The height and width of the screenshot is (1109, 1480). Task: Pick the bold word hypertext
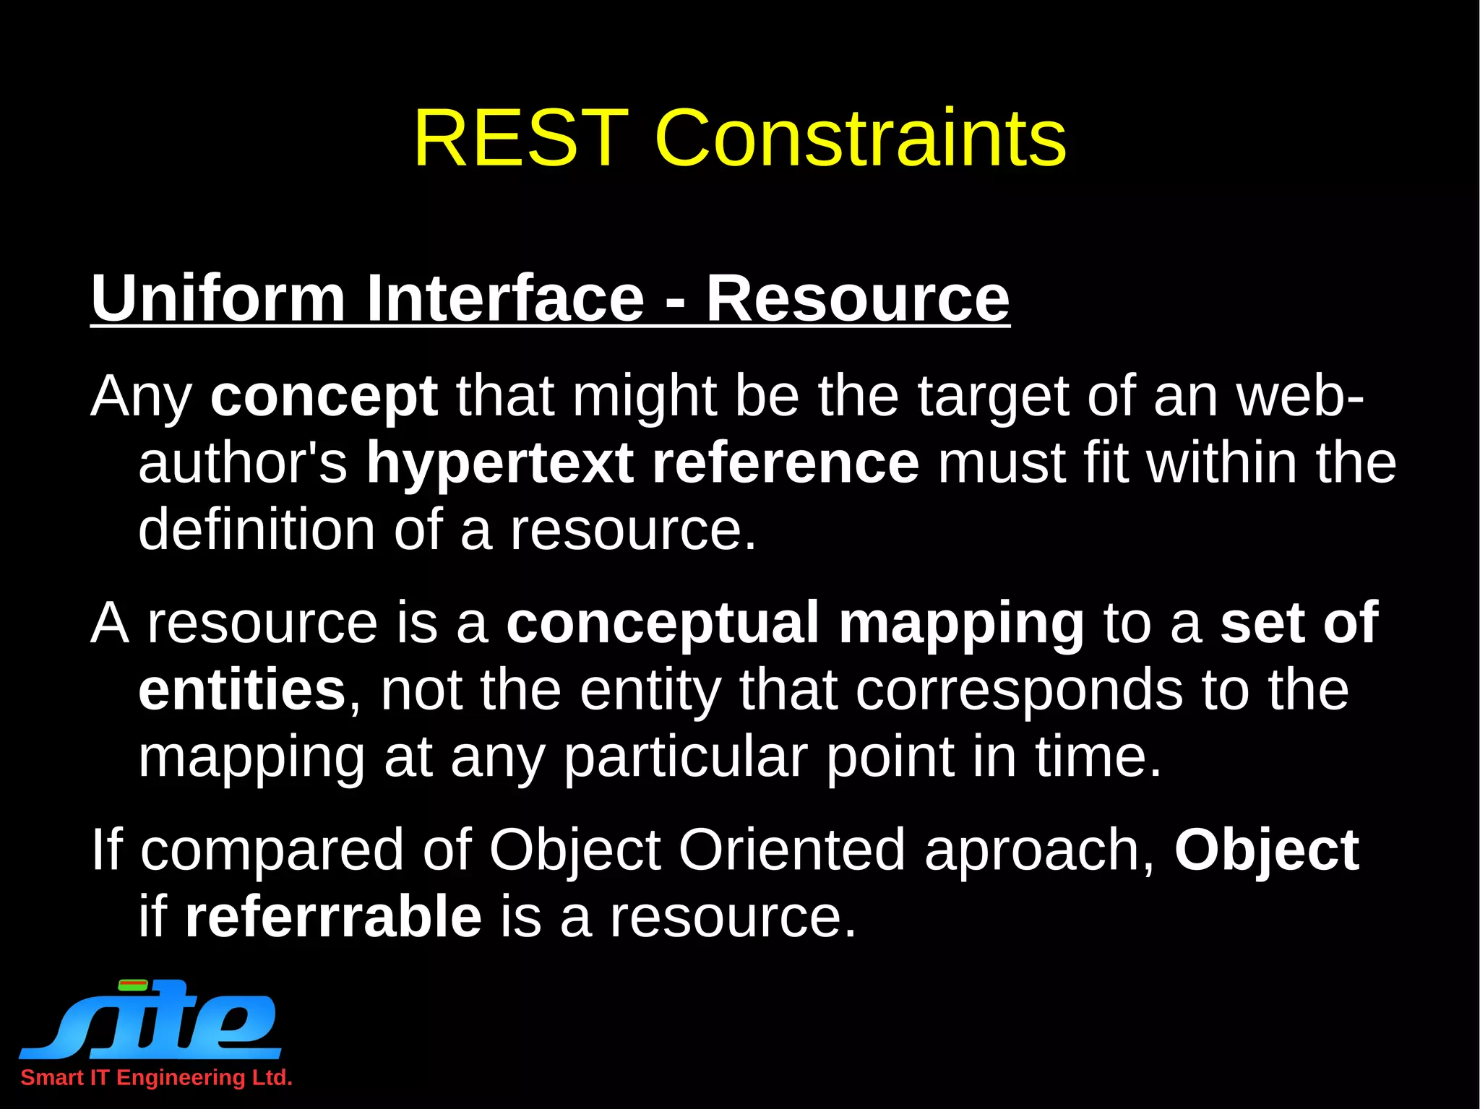pyautogui.click(x=499, y=463)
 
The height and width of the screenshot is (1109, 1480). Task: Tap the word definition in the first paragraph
pyautogui.click(x=256, y=530)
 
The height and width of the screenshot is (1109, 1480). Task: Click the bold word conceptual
pyautogui.click(x=662, y=622)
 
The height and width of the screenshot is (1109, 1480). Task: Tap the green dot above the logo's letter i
pyautogui.click(x=133, y=985)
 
